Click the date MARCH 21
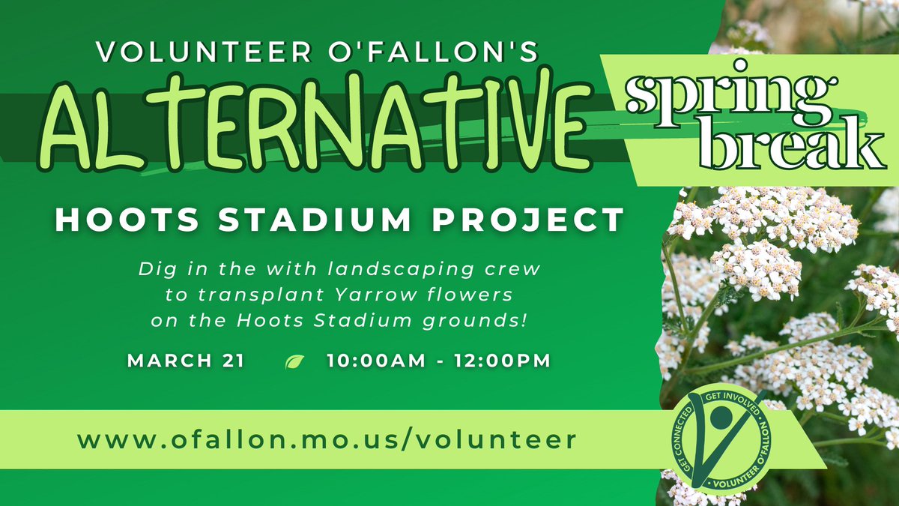point(186,361)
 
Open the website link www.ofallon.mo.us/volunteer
point(327,439)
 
